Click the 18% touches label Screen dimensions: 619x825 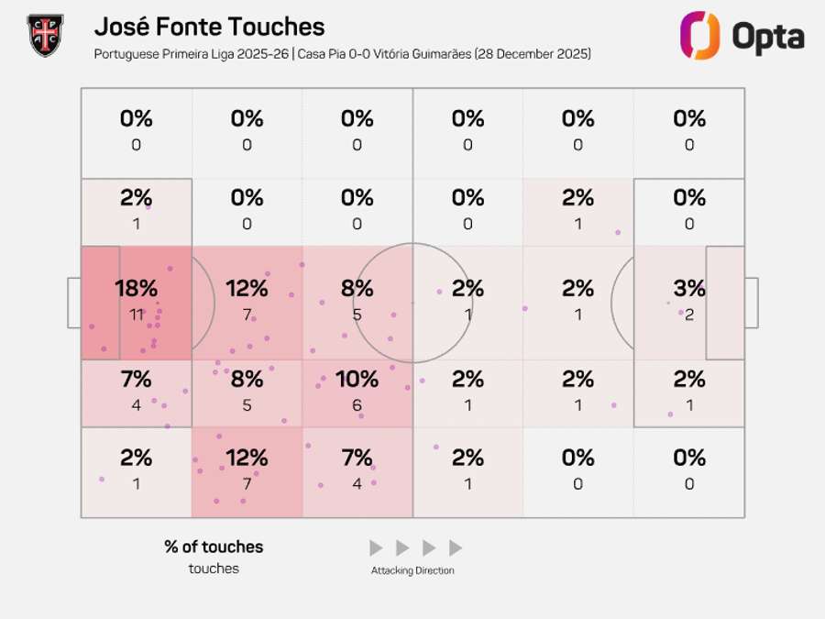136,288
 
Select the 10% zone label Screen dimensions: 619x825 357,379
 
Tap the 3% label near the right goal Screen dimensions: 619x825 688,288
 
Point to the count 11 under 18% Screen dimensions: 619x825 136,315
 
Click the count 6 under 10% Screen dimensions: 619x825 357,405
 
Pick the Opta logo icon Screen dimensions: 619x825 698,36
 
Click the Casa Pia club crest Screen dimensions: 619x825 45,35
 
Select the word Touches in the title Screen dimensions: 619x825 276,28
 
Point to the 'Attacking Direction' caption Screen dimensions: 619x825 412,570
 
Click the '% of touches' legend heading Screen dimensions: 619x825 214,547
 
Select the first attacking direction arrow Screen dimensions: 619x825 376,548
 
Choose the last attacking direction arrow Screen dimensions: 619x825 456,548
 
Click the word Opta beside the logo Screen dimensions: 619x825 768,37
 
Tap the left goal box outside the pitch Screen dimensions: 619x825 73,303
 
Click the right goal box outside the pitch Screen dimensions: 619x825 752,303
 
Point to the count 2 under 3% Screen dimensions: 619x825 688,315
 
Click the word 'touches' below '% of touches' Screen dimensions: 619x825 214,569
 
